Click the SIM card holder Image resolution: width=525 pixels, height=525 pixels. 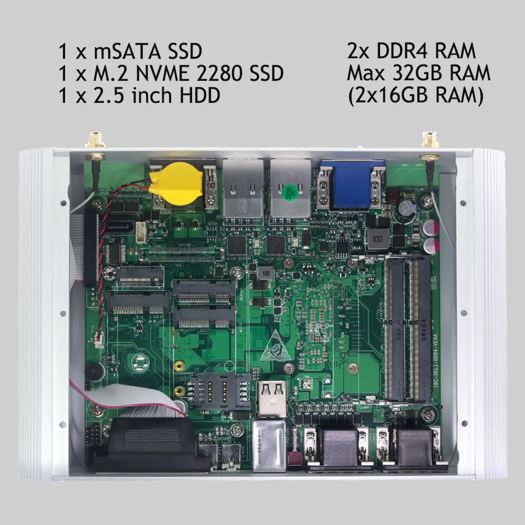pos(220,392)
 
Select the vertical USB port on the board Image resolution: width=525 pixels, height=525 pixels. pos(272,396)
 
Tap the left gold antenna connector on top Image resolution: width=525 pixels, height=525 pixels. pos(95,140)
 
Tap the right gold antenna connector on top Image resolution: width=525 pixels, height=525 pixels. pos(429,140)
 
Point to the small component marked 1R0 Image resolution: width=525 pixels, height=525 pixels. pos(265,274)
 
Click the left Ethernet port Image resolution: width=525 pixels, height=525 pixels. pos(243,188)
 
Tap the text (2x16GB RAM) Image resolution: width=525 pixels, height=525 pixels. pos(415,96)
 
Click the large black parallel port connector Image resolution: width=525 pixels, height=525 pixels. pos(150,444)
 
